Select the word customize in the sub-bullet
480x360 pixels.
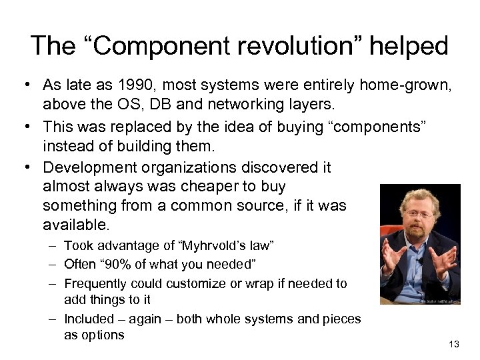pos(193,283)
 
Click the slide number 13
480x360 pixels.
pos(454,344)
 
